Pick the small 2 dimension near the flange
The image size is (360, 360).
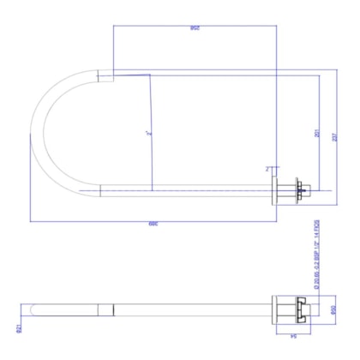(268, 169)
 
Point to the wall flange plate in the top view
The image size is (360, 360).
(275, 189)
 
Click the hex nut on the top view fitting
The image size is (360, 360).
(297, 189)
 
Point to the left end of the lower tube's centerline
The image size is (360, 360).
(81, 189)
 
